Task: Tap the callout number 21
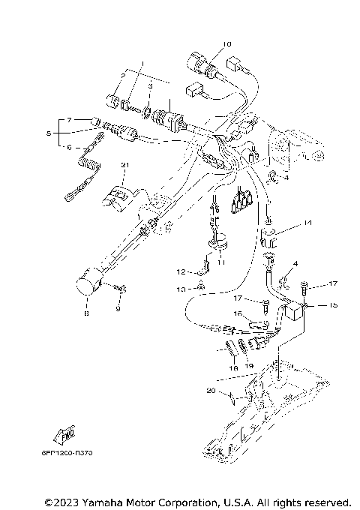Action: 126,165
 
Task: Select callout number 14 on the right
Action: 307,224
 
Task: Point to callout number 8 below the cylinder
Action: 87,313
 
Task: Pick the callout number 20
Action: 212,391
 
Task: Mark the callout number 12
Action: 180,271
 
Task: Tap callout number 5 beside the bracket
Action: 49,134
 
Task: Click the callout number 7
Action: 68,120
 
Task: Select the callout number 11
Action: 220,262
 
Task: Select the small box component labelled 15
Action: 293,309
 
